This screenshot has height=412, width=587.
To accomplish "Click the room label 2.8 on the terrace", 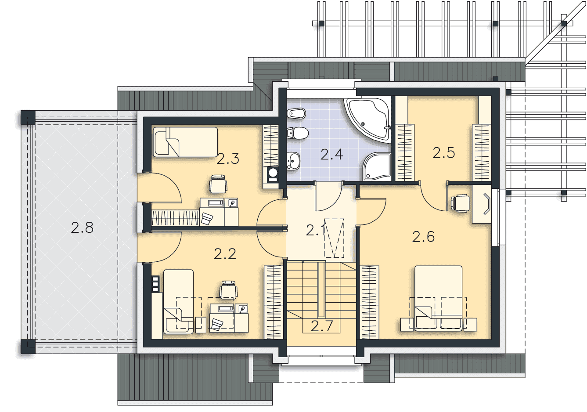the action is point(82,228).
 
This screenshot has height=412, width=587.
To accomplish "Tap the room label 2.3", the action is point(228,159).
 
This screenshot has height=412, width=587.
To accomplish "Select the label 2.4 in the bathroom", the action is point(331,154).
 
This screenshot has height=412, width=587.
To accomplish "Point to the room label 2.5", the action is point(443,152).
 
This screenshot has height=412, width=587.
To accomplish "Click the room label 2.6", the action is point(423,236).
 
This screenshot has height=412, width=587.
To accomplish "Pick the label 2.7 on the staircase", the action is point(321,326).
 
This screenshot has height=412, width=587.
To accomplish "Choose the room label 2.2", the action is point(225,254).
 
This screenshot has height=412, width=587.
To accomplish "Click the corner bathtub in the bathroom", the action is point(367,120).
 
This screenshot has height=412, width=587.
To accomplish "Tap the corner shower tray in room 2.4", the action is point(377,166).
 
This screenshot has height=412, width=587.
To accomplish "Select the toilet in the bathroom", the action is point(298,133).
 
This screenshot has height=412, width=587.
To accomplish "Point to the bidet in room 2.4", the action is point(296,113).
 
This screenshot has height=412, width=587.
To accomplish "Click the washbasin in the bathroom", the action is point(294,161).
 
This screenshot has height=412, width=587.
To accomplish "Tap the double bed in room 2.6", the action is point(438,298).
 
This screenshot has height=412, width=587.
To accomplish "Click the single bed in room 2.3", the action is point(185,142).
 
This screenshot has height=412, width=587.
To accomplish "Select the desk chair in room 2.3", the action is point(218,184).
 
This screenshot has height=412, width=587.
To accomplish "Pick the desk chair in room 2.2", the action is point(228,289).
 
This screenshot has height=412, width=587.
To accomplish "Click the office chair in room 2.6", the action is point(460,203).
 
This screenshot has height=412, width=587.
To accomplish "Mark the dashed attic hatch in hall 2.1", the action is point(334,238).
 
